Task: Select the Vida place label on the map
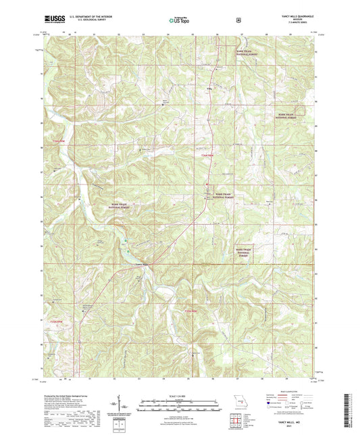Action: tap(208, 88)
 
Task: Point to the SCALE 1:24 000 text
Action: tap(180, 396)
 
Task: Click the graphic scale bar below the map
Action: tap(180, 403)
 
